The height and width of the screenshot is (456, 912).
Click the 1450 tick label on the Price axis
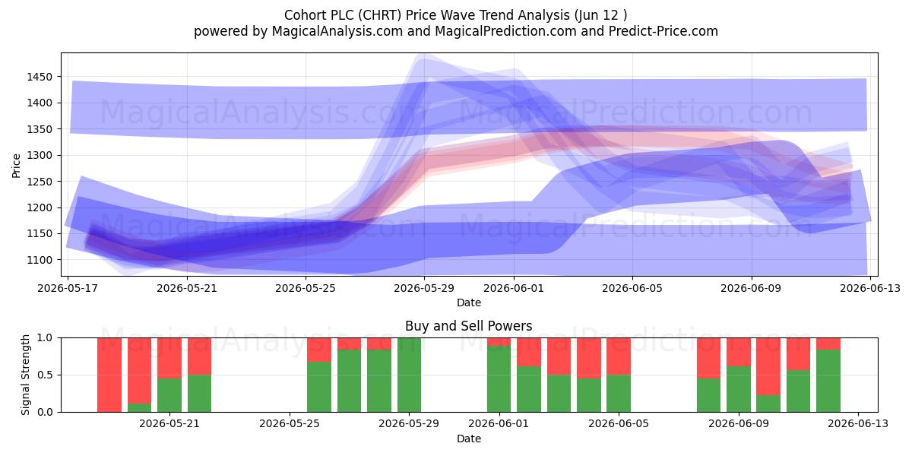click(x=40, y=77)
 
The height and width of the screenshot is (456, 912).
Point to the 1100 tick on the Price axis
click(x=40, y=260)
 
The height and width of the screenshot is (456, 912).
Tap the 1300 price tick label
click(x=40, y=155)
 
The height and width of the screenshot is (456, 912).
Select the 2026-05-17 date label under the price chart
click(x=68, y=288)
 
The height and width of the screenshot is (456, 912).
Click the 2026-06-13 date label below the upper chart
click(x=870, y=288)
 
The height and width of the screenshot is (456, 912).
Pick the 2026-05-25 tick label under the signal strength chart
click(x=290, y=423)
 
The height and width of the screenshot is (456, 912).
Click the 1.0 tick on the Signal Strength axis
click(x=45, y=337)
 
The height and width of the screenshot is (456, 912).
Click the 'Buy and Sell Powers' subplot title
click(x=469, y=326)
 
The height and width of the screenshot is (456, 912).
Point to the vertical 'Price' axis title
click(x=16, y=166)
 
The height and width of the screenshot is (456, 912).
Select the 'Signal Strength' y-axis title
click(x=25, y=375)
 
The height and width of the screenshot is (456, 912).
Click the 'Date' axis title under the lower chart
click(x=469, y=439)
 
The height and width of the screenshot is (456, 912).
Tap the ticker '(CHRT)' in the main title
click(x=380, y=15)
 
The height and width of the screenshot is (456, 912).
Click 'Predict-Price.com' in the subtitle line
click(x=663, y=31)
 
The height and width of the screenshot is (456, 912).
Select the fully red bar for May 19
click(x=109, y=375)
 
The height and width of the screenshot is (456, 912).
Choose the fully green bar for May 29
click(x=409, y=375)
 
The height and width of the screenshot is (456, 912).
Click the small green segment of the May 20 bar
click(x=139, y=407)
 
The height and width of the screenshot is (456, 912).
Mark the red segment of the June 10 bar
click(x=768, y=366)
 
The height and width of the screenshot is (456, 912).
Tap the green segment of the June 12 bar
click(x=828, y=381)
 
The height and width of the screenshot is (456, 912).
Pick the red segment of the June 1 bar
click(x=499, y=341)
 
